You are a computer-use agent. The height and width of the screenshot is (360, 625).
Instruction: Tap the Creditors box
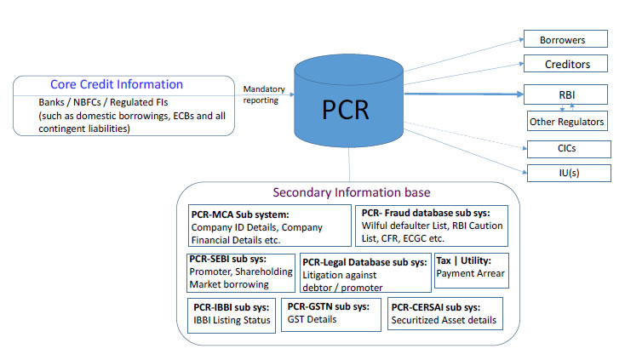point(566,64)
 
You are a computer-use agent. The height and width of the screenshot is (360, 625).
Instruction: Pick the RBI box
point(566,94)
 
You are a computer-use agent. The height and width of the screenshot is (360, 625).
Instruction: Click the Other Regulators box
point(566,122)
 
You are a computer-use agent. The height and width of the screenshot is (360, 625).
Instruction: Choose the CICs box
point(566,149)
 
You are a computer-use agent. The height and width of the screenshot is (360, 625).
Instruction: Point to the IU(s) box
point(566,173)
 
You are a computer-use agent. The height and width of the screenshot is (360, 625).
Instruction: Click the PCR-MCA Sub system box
point(269,225)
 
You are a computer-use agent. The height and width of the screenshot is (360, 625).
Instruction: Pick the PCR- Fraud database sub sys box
point(431,225)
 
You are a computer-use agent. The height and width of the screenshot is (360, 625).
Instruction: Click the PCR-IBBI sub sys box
point(231,314)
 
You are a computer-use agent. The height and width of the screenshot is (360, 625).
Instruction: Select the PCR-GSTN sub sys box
point(332,313)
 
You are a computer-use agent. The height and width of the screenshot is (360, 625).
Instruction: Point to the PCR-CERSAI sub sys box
point(444,313)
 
